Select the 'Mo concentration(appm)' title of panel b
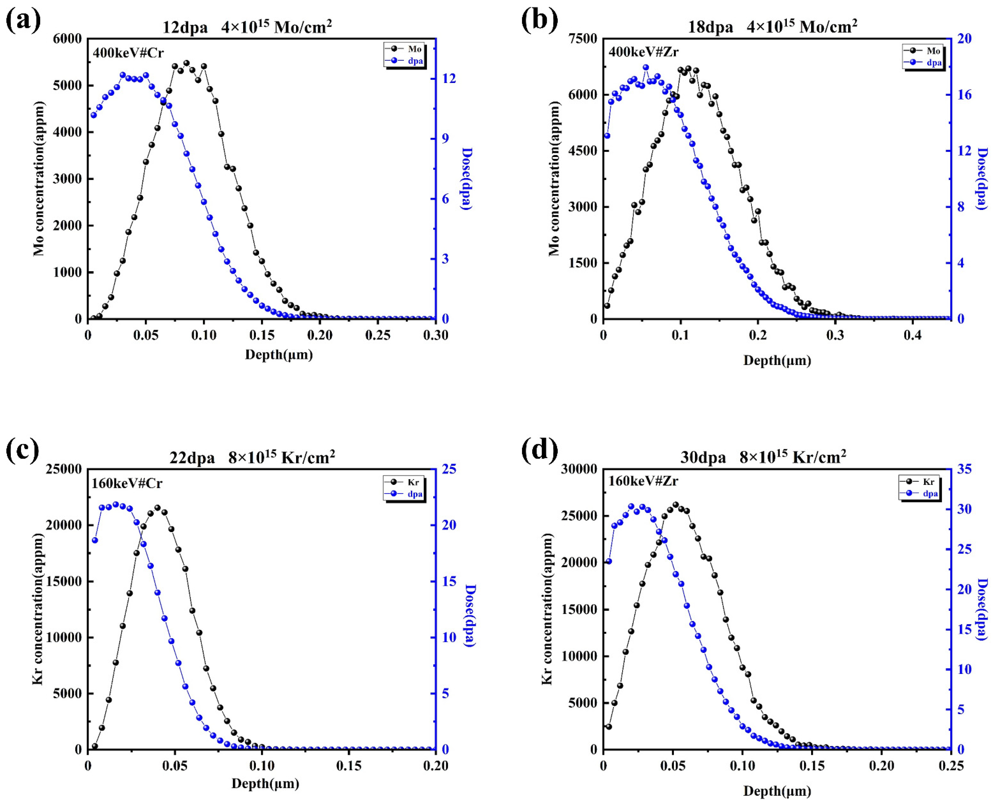(554, 178)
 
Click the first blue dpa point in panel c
(95, 540)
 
